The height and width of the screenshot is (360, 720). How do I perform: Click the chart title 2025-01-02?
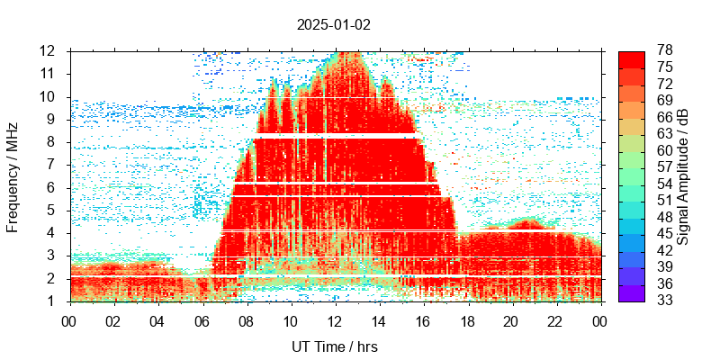pyautogui.click(x=333, y=25)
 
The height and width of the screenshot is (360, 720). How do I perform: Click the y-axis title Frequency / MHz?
pyautogui.click(x=13, y=175)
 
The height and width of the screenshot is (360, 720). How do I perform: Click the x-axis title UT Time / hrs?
pyautogui.click(x=335, y=346)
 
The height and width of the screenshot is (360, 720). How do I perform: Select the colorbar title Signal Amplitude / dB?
pyautogui.click(x=683, y=175)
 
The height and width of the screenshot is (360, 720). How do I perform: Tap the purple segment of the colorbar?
pyautogui.click(x=631, y=292)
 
